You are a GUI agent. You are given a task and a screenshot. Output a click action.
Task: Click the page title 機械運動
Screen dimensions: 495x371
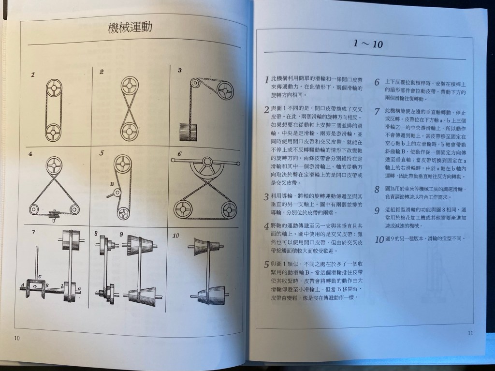pyautogui.click(x=130, y=27)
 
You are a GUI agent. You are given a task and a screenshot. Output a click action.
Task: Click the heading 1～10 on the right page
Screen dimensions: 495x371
pyautogui.click(x=368, y=44)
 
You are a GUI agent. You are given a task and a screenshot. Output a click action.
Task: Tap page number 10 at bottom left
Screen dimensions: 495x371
pyautogui.click(x=17, y=338)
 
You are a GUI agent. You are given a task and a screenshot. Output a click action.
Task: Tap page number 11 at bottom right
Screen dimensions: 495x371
pyautogui.click(x=470, y=333)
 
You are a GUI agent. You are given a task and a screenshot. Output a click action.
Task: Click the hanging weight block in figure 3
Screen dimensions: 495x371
pyautogui.click(x=188, y=132)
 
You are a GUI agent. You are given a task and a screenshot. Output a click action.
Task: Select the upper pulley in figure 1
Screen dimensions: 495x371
pyautogui.click(x=54, y=88)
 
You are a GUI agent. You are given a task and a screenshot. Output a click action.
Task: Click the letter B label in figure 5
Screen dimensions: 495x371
pyautogui.click(x=112, y=184)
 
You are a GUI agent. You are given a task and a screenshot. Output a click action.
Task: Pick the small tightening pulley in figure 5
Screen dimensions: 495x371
pyautogui.click(x=117, y=193)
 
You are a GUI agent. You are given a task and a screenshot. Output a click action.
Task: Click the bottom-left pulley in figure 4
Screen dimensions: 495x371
pyautogui.click(x=34, y=209)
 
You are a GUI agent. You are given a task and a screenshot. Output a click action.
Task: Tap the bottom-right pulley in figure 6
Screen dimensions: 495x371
pyautogui.click(x=229, y=209)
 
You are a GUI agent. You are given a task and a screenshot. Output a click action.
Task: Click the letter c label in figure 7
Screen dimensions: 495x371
pyautogui.click(x=40, y=277)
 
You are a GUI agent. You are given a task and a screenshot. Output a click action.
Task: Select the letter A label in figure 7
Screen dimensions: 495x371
pyautogui.click(x=22, y=285)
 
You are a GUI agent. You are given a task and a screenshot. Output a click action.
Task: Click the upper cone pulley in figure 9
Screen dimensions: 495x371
pyautogui.click(x=139, y=245)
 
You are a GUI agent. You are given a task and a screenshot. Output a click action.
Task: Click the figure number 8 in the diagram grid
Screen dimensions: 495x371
pyautogui.click(x=96, y=233)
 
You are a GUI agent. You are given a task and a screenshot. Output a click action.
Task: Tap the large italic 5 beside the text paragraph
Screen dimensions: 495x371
pyautogui.click(x=266, y=265)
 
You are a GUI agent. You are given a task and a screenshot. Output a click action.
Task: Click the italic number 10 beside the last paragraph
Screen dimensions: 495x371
pyautogui.click(x=379, y=239)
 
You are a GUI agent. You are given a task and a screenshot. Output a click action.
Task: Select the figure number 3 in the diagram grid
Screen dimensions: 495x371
pyautogui.click(x=180, y=70)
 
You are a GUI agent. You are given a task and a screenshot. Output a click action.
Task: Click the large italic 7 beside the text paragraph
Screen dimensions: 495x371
pyautogui.click(x=377, y=111)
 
